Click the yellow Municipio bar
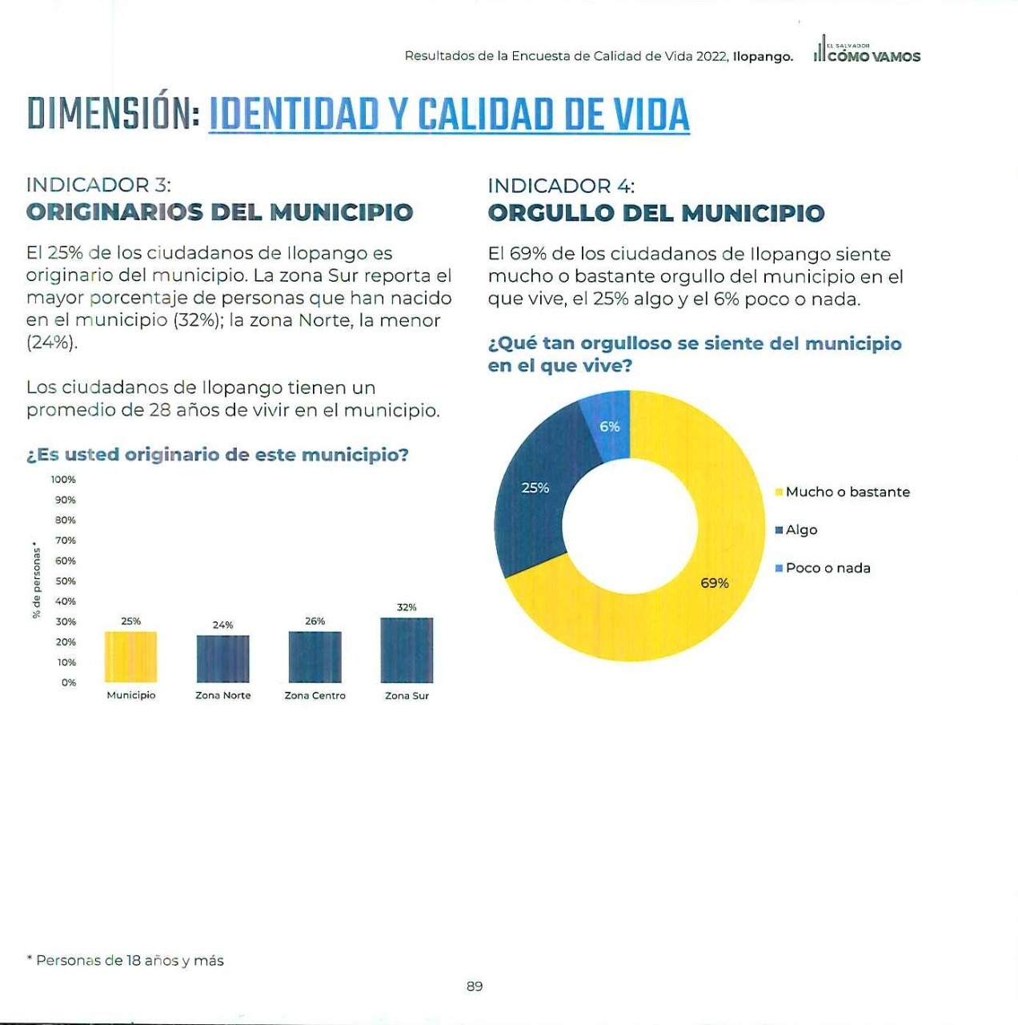[130, 657]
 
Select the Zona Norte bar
[222, 658]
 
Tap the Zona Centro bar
[315, 657]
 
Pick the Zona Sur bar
[407, 650]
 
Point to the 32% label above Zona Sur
[407, 607]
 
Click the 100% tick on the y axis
[64, 479]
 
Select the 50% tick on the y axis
[66, 581]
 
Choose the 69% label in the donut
[715, 583]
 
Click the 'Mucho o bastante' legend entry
[843, 492]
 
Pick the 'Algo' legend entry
[796, 530]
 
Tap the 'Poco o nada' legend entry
[823, 568]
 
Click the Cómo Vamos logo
[867, 50]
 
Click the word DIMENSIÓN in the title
[114, 113]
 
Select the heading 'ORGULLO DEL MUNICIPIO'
[656, 213]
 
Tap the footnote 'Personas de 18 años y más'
[130, 961]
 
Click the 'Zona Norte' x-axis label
[222, 695]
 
